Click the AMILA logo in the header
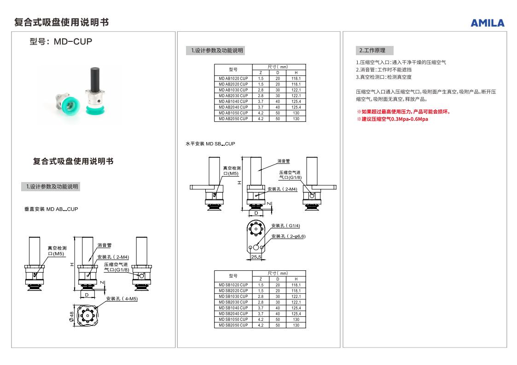click(487, 23)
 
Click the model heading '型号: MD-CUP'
click(61, 41)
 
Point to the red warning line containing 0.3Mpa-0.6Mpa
click(392, 120)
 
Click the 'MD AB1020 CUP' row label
click(233, 79)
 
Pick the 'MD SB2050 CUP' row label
click(233, 325)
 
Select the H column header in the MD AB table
click(296, 73)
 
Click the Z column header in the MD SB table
click(261, 279)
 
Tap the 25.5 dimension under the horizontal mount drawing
click(256, 257)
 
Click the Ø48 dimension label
click(72, 317)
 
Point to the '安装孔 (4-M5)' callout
click(122, 299)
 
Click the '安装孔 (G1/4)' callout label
click(285, 226)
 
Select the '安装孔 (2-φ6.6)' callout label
click(288, 236)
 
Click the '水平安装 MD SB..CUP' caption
click(210, 144)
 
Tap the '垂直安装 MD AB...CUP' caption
click(51, 209)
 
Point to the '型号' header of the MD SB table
click(233, 276)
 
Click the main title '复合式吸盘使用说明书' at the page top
click(61, 22)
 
